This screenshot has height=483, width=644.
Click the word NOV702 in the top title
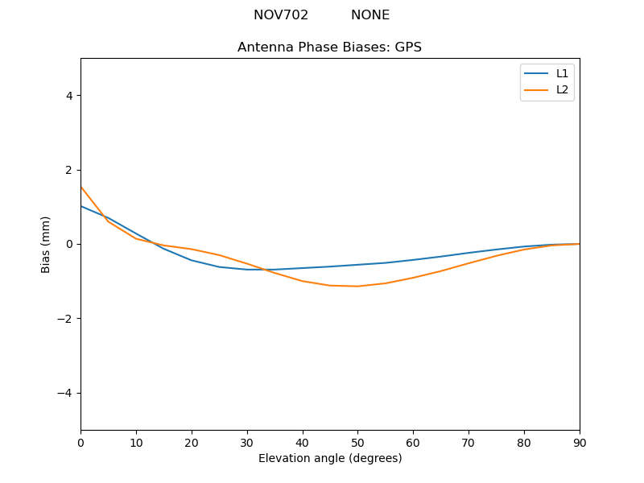tap(281, 15)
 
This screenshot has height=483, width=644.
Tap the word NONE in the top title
tap(370, 15)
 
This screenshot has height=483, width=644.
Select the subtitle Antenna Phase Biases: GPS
tap(329, 47)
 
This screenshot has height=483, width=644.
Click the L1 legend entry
tap(562, 73)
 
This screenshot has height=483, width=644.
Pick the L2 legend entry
tap(562, 89)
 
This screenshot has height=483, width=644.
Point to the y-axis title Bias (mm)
tap(46, 244)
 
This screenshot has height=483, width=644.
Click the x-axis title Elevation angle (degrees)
tap(330, 458)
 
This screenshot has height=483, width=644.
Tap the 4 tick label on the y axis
tap(69, 95)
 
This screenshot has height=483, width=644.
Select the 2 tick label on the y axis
tap(69, 170)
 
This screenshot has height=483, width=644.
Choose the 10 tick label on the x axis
tap(136, 442)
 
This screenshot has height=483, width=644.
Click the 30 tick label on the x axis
tap(247, 442)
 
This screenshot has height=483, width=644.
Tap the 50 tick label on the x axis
tap(357, 442)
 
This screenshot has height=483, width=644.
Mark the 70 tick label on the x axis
tap(469, 442)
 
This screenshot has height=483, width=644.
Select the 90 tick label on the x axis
tap(579, 442)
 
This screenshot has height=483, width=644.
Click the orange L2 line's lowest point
tap(357, 286)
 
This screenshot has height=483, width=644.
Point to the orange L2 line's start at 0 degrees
tap(81, 187)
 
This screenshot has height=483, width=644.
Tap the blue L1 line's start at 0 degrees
tap(81, 206)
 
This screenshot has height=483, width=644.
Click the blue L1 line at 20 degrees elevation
tap(192, 260)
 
